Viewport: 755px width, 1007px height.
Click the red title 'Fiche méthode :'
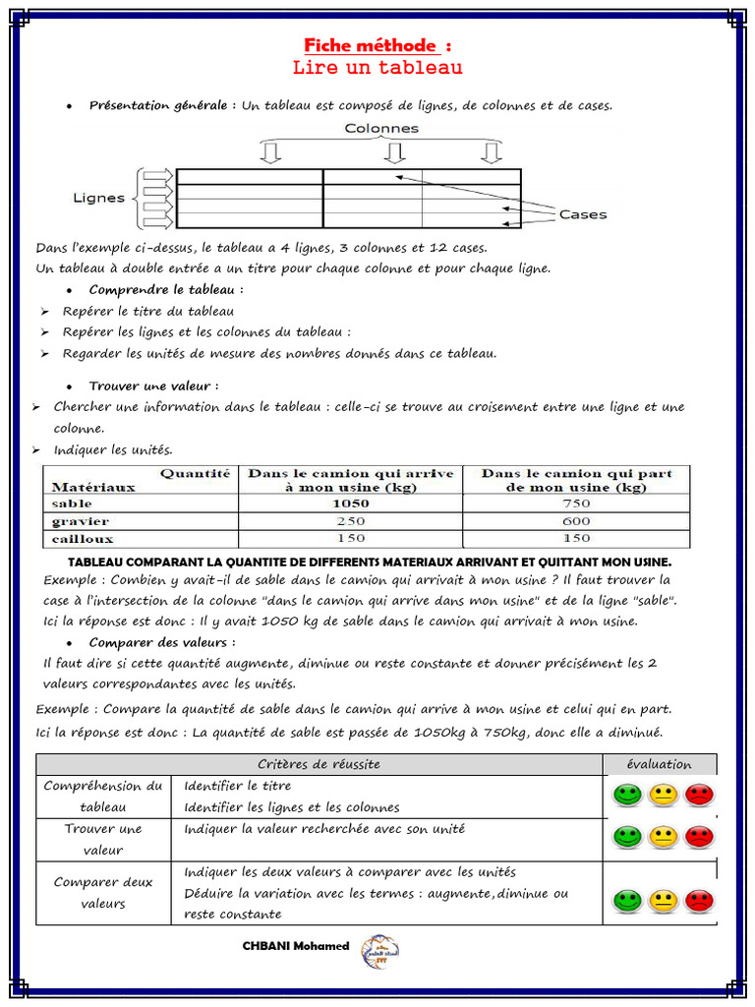[377, 45]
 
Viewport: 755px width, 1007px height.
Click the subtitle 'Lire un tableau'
[377, 68]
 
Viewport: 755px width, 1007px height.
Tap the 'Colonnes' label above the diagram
[380, 128]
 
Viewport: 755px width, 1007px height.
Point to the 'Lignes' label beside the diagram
[99, 198]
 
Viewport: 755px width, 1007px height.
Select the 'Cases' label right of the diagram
[583, 214]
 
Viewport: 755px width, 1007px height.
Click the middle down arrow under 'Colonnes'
[394, 152]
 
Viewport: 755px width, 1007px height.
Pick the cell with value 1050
[351, 503]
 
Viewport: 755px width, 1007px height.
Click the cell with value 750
[576, 503]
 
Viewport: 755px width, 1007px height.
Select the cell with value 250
[351, 521]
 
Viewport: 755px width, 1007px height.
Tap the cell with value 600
[576, 521]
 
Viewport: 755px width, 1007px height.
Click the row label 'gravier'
[81, 521]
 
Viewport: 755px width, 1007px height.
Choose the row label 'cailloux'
[83, 539]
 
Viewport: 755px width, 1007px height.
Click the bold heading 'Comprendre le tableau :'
[166, 290]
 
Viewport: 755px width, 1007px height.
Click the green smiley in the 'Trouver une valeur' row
[626, 837]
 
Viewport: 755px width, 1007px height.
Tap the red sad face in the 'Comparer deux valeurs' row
[699, 899]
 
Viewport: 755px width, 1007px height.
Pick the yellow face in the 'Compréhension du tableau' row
[663, 795]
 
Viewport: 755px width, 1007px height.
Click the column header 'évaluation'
[659, 764]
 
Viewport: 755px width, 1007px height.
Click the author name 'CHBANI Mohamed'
[296, 946]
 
